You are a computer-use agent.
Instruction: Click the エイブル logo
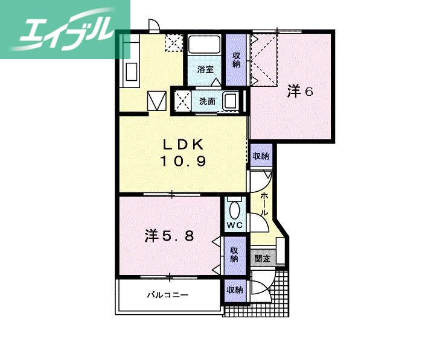click(x=65, y=29)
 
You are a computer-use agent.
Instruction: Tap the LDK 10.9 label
click(x=184, y=153)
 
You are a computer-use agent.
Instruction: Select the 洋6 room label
click(x=299, y=92)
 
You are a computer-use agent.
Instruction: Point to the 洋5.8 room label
click(x=169, y=236)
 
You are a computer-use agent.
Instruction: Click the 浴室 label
click(x=205, y=69)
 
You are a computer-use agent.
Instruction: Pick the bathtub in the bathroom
click(x=205, y=46)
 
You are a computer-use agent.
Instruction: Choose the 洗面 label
click(x=207, y=101)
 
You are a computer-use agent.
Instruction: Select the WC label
click(x=234, y=226)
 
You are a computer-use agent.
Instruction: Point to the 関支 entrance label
click(x=262, y=259)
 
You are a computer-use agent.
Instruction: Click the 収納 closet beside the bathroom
click(x=236, y=59)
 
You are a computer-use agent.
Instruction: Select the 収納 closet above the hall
click(x=261, y=156)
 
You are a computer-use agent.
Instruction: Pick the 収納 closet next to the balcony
click(x=234, y=290)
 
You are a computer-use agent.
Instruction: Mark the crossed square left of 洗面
click(x=182, y=100)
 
